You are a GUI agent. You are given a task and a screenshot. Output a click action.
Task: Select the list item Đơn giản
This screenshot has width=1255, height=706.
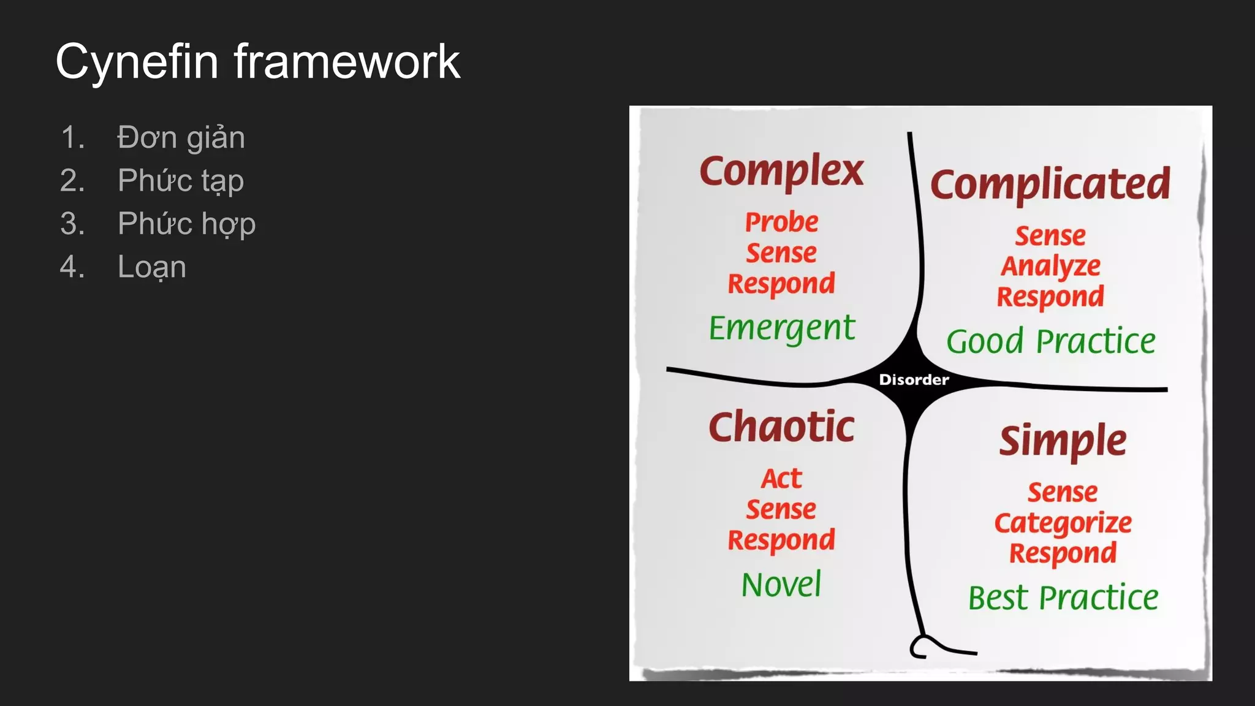pyautogui.click(x=181, y=137)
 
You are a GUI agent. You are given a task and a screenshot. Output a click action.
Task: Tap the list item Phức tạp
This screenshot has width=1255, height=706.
pyautogui.click(x=181, y=181)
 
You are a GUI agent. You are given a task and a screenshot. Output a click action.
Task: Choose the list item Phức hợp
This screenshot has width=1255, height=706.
pyautogui.click(x=186, y=224)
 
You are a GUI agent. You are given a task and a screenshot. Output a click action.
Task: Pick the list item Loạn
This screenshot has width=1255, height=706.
pyautogui.click(x=151, y=267)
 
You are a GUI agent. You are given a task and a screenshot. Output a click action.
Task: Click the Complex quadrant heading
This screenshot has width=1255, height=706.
pyautogui.click(x=781, y=171)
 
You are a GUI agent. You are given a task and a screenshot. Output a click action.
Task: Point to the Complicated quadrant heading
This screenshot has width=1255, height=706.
pyautogui.click(x=1050, y=184)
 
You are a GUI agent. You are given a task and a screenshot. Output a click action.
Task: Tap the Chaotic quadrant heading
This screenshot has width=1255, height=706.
pyautogui.click(x=781, y=427)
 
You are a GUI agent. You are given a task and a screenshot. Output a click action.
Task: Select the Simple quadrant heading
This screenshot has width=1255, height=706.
pyautogui.click(x=1063, y=441)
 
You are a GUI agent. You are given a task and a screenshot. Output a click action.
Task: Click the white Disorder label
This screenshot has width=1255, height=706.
pyautogui.click(x=914, y=380)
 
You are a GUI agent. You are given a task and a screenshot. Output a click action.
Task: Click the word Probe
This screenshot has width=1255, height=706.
pyautogui.click(x=781, y=222)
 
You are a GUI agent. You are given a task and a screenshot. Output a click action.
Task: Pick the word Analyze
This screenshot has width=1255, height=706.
pyautogui.click(x=1051, y=267)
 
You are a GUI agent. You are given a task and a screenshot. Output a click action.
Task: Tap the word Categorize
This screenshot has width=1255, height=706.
pyautogui.click(x=1063, y=523)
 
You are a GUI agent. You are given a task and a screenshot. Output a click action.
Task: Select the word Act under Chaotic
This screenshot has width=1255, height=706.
pyautogui.click(x=781, y=479)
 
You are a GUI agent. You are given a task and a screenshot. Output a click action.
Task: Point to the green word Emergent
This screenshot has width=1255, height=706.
pyautogui.click(x=781, y=328)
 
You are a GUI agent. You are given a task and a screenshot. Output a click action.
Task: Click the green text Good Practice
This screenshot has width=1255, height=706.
pyautogui.click(x=1050, y=341)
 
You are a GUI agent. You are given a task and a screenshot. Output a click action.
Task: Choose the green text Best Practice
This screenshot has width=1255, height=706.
pyautogui.click(x=1063, y=598)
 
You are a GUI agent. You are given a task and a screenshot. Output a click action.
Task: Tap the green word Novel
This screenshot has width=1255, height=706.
pyautogui.click(x=781, y=585)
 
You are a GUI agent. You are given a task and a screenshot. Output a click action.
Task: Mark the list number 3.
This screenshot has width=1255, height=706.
pyautogui.click(x=72, y=224)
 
